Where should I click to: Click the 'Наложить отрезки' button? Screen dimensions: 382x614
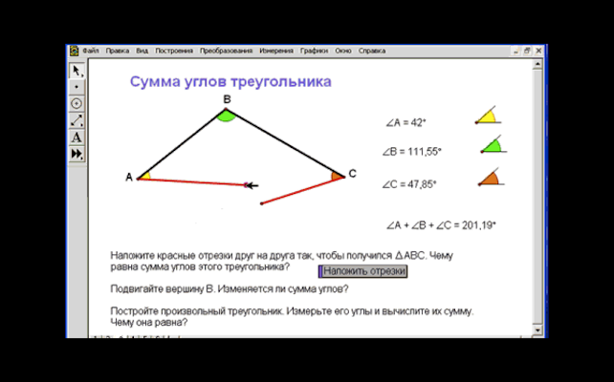point(362,271)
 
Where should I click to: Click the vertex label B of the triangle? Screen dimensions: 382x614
point(227,98)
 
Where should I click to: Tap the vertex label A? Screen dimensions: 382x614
point(128,177)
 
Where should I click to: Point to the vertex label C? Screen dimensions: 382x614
point(352,173)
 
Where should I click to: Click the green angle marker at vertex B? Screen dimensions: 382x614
point(226,116)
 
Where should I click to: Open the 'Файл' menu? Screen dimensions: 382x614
point(91,50)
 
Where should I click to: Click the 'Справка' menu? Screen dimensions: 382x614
point(372,50)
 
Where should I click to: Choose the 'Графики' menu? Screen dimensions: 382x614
point(314,50)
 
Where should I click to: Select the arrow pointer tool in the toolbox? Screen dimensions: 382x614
point(77,71)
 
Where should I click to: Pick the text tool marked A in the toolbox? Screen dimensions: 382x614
point(77,138)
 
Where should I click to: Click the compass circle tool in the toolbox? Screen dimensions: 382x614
point(77,103)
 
